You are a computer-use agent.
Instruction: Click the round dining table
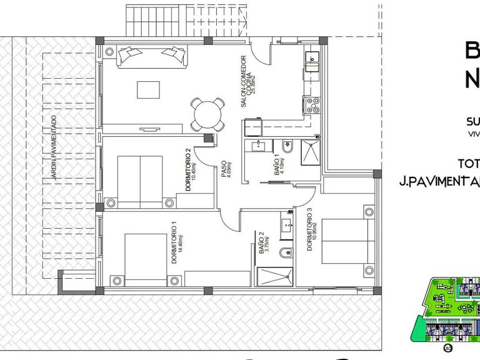(207, 114)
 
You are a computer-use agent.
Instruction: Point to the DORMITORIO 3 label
(310, 230)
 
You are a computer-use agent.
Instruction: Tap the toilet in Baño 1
(287, 148)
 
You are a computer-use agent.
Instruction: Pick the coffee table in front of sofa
(148, 90)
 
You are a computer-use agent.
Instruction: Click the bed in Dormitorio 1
(146, 257)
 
